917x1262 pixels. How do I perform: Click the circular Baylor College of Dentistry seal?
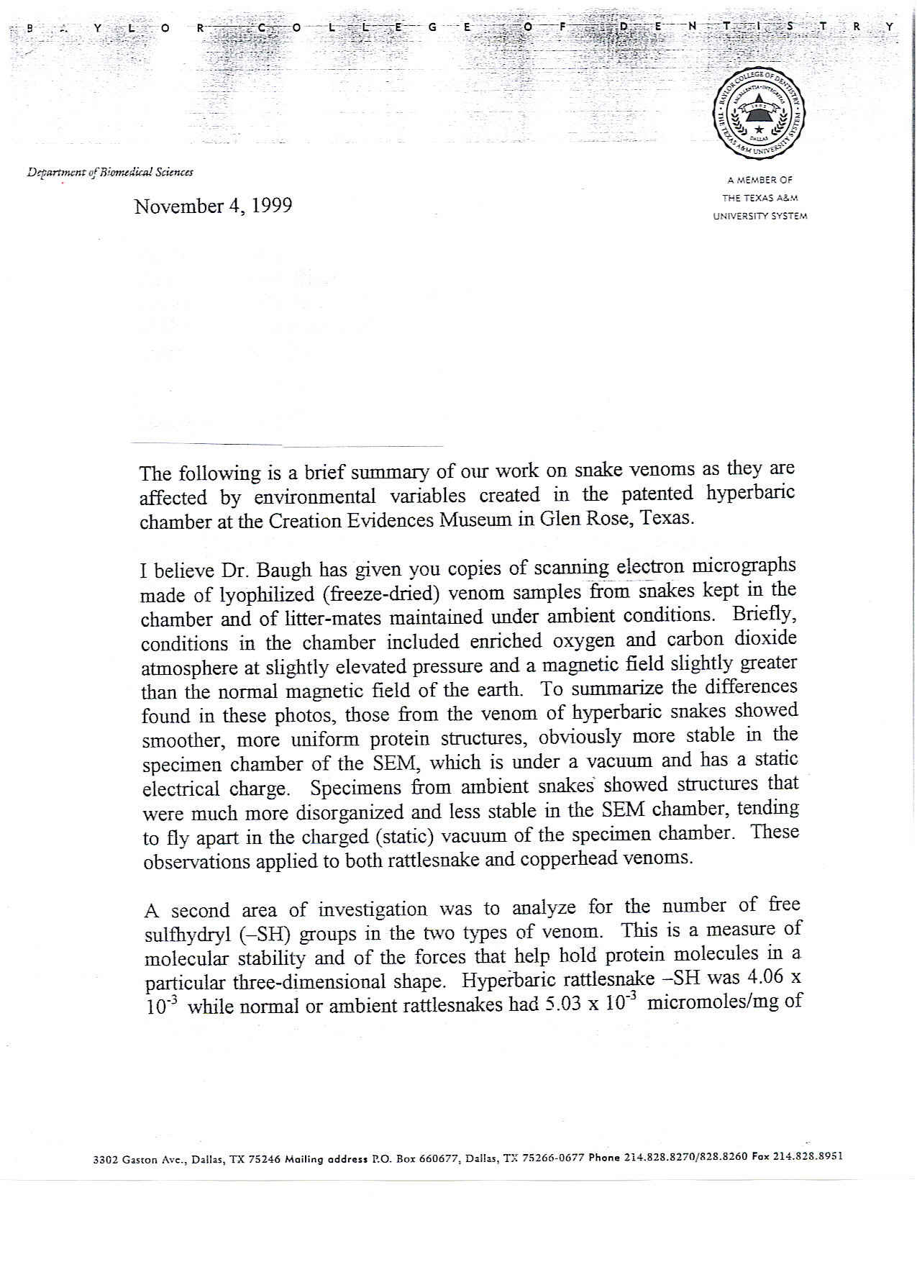point(759,114)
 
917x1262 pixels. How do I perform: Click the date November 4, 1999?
point(213,206)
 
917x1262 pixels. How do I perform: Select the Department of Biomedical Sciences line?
point(110,173)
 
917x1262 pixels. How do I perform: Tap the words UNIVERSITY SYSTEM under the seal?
point(759,216)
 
